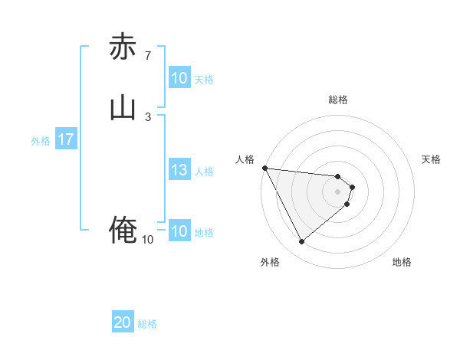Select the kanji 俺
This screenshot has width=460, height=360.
click(x=123, y=230)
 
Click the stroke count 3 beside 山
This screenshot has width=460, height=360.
click(x=147, y=116)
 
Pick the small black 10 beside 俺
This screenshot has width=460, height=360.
click(x=147, y=240)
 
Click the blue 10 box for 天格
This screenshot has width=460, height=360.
click(x=179, y=78)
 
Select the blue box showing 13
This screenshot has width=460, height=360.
click(x=179, y=171)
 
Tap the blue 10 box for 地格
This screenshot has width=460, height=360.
click(x=179, y=232)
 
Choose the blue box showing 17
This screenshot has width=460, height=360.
click(x=66, y=140)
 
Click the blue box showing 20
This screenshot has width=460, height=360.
click(x=123, y=323)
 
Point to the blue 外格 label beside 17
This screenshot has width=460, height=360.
click(x=41, y=141)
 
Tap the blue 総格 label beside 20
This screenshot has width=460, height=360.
click(x=147, y=324)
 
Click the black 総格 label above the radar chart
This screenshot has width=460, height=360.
click(x=338, y=100)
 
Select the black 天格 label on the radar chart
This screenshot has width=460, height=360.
click(x=432, y=159)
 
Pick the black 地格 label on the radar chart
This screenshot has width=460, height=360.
click(x=402, y=262)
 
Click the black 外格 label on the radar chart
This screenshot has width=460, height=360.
click(x=270, y=262)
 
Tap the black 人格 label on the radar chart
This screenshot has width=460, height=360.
click(x=245, y=159)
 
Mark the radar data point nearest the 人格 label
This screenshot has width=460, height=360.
click(x=264, y=168)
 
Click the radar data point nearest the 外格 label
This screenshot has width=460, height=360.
click(x=301, y=242)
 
